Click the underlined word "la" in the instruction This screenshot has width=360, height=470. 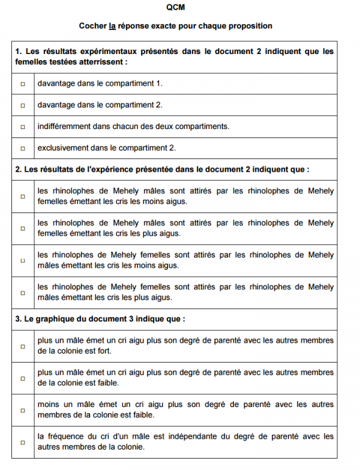tap(112, 26)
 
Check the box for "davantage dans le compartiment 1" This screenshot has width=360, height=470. tap(23, 83)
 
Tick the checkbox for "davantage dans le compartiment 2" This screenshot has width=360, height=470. tap(23, 105)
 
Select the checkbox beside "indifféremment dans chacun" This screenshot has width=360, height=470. tap(23, 127)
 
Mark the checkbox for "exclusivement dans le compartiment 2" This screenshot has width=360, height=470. tap(23, 148)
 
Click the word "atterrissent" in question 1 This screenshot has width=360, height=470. tap(104, 61)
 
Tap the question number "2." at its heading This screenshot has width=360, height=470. tap(19, 169)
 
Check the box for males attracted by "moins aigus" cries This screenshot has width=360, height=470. tap(23, 196)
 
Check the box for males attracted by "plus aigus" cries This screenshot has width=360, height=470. tap(23, 228)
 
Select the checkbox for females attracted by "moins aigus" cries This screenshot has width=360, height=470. tap(23, 261)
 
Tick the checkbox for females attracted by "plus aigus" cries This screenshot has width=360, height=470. tap(23, 293)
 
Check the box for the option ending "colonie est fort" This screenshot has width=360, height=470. tap(23, 346)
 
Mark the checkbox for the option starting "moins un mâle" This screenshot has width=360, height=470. tap(23, 411)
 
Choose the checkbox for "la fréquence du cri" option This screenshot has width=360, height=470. tap(23, 442)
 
